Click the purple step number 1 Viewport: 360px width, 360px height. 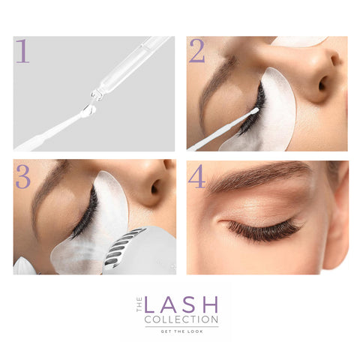pos(22,51)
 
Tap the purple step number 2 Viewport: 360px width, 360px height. pos(197,51)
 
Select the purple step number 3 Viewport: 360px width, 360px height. pos(23,177)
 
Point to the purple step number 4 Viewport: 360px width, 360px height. pos(196,176)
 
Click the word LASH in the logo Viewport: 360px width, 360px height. pos(181,304)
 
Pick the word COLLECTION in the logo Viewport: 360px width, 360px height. pos(181,319)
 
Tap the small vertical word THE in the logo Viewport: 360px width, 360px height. pos(139,304)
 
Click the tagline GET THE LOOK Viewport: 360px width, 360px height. pos(181,331)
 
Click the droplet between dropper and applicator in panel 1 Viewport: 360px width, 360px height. pos(89,109)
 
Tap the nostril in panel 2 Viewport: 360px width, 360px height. pos(323,85)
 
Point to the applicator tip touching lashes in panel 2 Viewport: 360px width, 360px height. pos(254,111)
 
